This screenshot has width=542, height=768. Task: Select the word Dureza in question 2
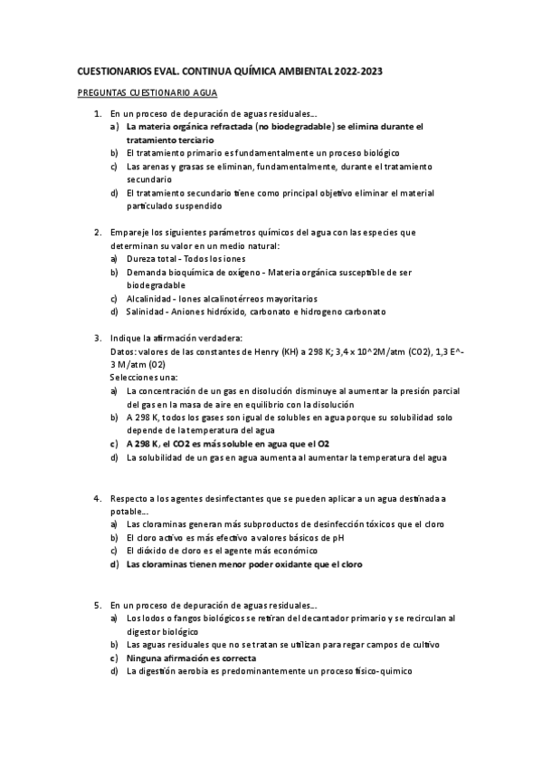142,258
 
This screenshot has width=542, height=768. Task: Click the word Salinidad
147,312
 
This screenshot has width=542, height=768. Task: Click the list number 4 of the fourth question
98,498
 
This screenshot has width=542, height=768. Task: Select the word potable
128,511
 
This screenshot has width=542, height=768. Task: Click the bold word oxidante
273,563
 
